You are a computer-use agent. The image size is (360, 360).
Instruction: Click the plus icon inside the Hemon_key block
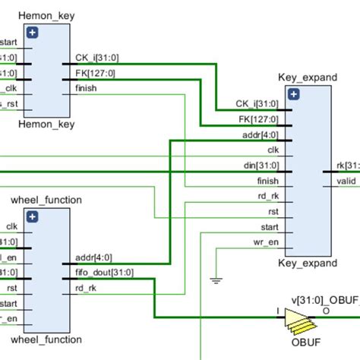coord(32,32)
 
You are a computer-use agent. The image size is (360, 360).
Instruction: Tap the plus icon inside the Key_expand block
coord(293,94)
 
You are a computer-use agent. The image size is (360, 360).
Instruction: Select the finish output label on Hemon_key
coord(86,88)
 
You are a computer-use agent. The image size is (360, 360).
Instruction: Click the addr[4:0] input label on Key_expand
coord(261,134)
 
